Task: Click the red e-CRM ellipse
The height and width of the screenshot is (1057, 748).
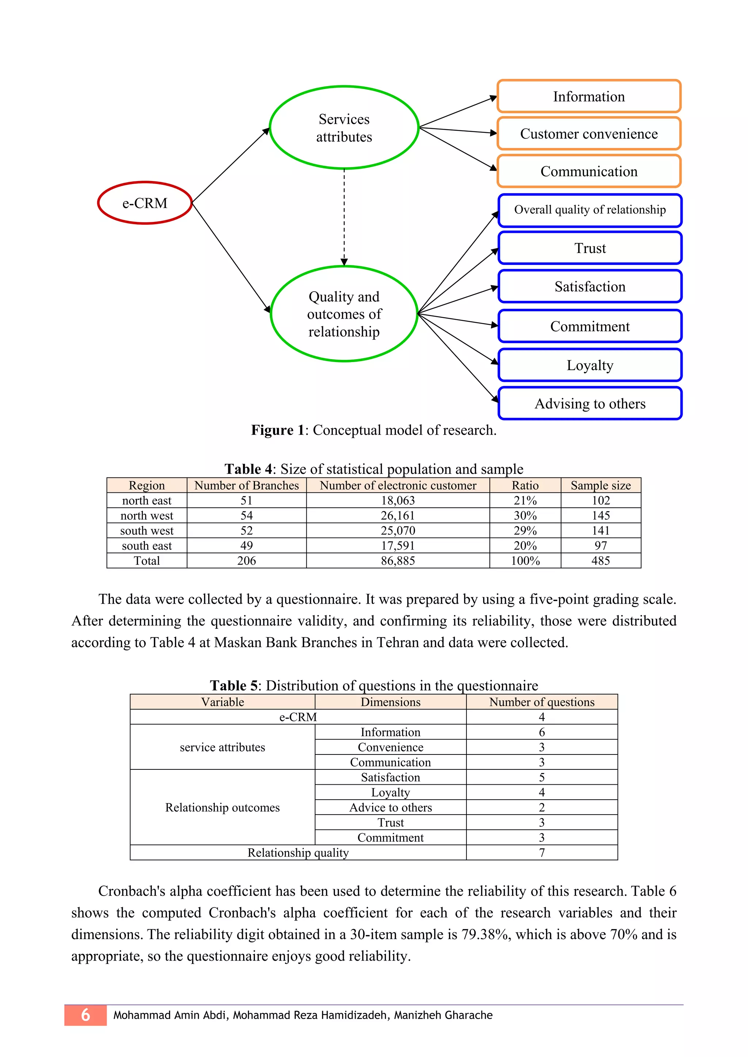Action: (145, 203)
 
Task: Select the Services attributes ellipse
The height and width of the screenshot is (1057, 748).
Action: (344, 127)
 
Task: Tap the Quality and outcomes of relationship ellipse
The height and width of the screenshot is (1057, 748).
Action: (344, 314)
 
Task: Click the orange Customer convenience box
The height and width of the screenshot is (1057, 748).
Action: (589, 134)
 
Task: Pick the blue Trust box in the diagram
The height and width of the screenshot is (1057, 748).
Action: (589, 248)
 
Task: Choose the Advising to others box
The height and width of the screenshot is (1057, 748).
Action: (589, 404)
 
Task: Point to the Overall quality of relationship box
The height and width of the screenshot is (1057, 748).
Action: (589, 210)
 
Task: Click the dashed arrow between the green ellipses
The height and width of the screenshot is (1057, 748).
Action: (344, 216)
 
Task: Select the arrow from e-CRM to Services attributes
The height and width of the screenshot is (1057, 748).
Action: (230, 165)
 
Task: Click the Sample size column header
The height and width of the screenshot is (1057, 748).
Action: (600, 485)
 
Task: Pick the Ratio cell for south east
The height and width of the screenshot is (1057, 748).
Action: (525, 546)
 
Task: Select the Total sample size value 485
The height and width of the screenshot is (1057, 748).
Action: (600, 561)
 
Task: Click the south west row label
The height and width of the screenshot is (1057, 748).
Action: (146, 531)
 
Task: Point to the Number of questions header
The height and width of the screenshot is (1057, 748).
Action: (542, 702)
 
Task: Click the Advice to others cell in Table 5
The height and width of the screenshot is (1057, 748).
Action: (390, 807)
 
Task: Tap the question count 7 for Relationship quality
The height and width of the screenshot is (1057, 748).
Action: (542, 853)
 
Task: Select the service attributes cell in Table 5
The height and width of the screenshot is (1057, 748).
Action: (222, 747)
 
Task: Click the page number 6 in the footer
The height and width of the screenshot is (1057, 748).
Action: (86, 1015)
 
